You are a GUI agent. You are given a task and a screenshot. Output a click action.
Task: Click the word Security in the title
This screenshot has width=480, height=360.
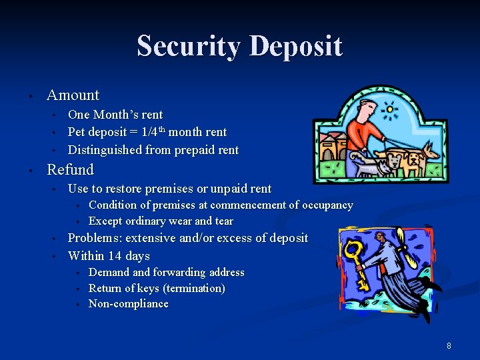(189, 47)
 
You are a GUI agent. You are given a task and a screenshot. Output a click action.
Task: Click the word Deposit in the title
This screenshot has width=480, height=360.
(295, 47)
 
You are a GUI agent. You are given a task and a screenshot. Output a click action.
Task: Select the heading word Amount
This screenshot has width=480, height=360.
(73, 95)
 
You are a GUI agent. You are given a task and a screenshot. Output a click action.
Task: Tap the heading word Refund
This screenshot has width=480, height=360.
(70, 169)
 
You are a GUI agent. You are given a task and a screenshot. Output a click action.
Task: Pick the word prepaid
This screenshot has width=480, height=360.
(194, 150)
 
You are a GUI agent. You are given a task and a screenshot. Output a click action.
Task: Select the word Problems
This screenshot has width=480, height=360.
(95, 238)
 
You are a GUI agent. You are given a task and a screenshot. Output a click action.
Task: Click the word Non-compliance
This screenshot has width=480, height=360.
(128, 304)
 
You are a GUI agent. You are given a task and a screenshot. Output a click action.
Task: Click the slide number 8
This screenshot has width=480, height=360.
(449, 346)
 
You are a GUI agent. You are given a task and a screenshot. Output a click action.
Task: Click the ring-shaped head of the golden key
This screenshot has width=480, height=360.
(352, 251)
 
